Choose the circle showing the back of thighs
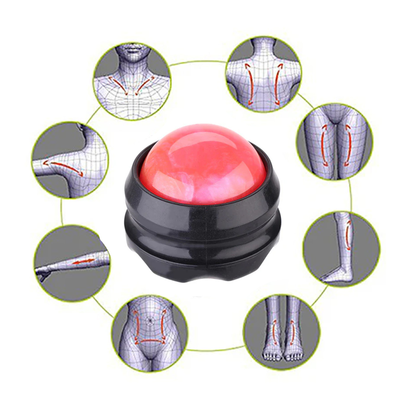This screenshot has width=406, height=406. coord(335,142)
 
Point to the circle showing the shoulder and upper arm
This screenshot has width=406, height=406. coord(70,160)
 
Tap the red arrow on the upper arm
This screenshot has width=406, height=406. coord(63,167)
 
